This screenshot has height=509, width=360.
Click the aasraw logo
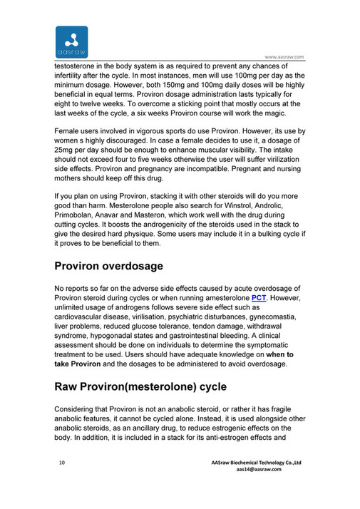(71, 43)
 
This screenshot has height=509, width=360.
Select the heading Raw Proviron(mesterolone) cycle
(141, 387)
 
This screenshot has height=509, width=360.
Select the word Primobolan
(80, 221)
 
